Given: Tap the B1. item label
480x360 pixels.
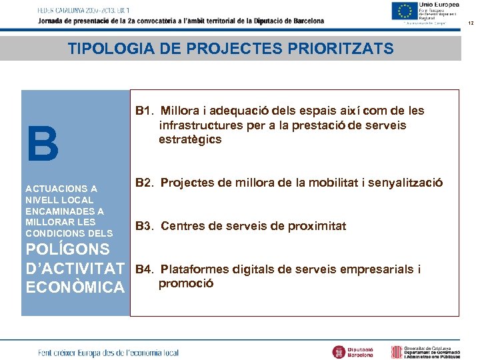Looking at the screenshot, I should coord(145,111).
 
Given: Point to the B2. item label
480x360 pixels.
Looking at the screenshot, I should coord(145,183).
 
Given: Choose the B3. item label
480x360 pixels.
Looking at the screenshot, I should coord(145,226).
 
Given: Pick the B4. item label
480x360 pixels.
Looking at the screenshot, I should coord(145,269).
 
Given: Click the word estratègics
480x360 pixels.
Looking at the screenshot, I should coord(190,140).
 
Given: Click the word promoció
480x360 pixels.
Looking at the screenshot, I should coord(186,283).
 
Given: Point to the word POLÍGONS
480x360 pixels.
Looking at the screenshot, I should coord(67,249).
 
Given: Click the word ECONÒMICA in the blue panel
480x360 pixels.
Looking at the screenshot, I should coord(75,287).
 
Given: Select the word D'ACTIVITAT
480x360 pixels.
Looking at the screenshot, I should coord(75,269).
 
